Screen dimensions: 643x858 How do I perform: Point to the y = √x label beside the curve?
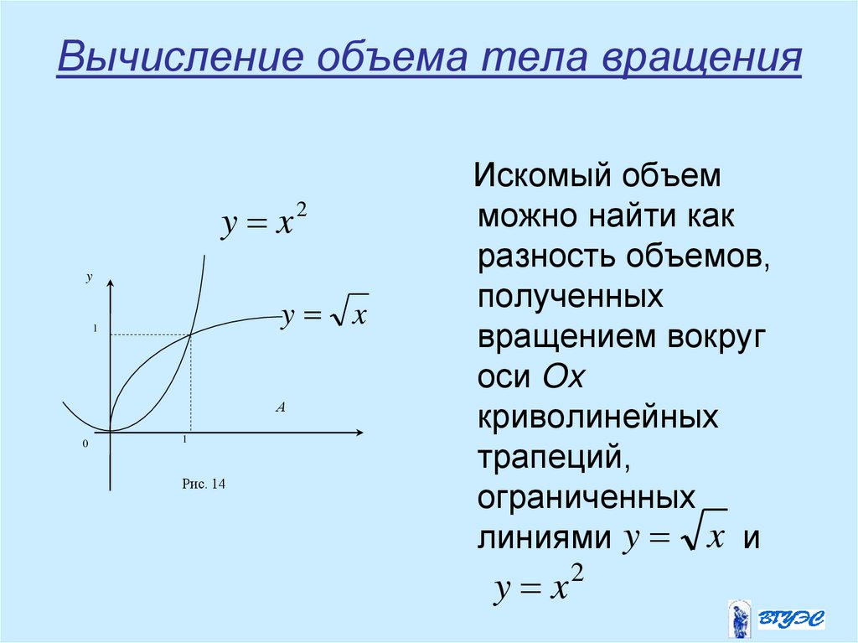[325, 316]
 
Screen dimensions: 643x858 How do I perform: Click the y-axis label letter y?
[90, 276]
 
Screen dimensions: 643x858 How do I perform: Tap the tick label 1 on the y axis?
[96, 330]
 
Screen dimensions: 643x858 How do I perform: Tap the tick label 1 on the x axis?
[183, 439]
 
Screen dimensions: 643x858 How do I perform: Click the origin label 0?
[85, 444]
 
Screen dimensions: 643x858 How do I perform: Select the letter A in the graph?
[281, 407]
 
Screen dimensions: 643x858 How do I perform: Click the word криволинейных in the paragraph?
[598, 417]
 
